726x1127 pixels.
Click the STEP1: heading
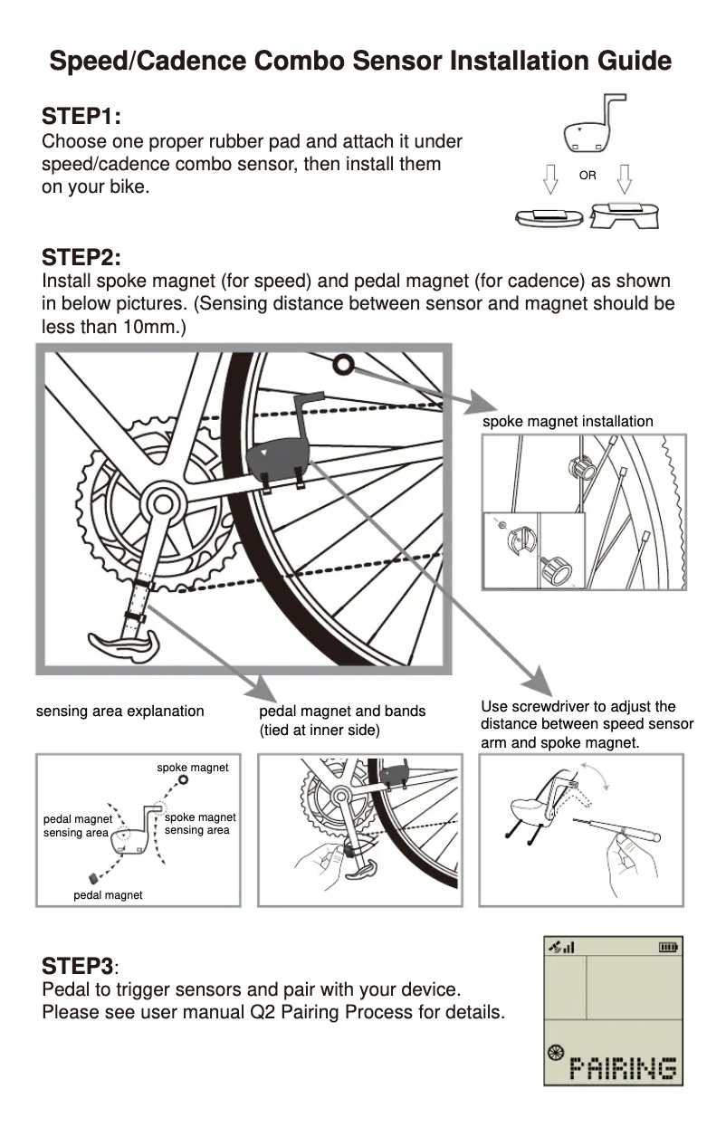tap(81, 118)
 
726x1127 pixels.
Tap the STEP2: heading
tap(81, 257)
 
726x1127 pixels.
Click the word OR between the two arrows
tap(587, 176)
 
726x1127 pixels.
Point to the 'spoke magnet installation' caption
tap(568, 421)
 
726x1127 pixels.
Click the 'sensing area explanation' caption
tap(119, 711)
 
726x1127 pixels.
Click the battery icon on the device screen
tap(668, 948)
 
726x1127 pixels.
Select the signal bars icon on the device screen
tap(563, 948)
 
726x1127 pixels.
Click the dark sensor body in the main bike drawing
tap(275, 459)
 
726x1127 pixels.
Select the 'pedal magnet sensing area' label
tap(77, 826)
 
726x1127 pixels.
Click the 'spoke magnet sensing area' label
tap(199, 824)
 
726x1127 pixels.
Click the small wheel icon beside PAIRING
tap(556, 1053)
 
